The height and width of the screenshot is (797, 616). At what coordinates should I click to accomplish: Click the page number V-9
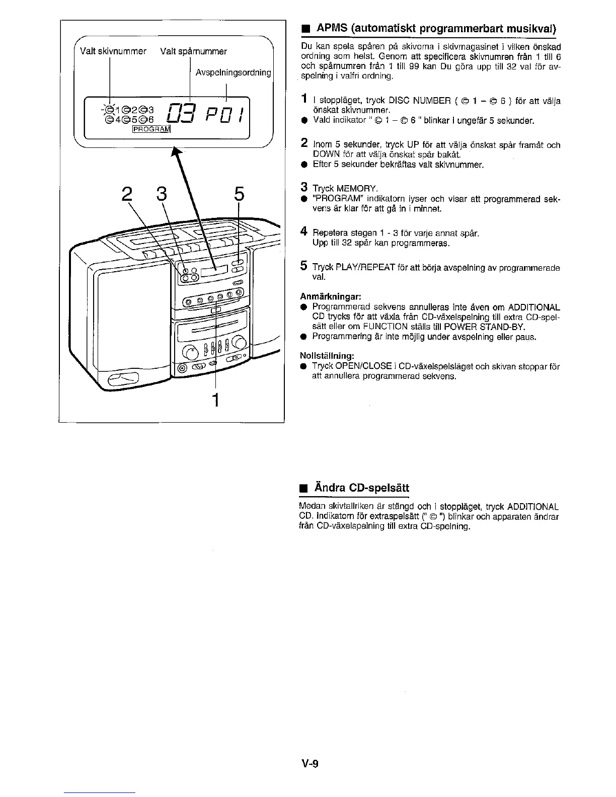tap(311, 764)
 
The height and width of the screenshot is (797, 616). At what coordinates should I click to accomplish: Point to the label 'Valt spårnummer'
tap(193, 51)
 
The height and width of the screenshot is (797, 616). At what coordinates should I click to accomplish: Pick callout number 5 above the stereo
tap(239, 195)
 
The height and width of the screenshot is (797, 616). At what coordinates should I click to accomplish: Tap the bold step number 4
tap(303, 231)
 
